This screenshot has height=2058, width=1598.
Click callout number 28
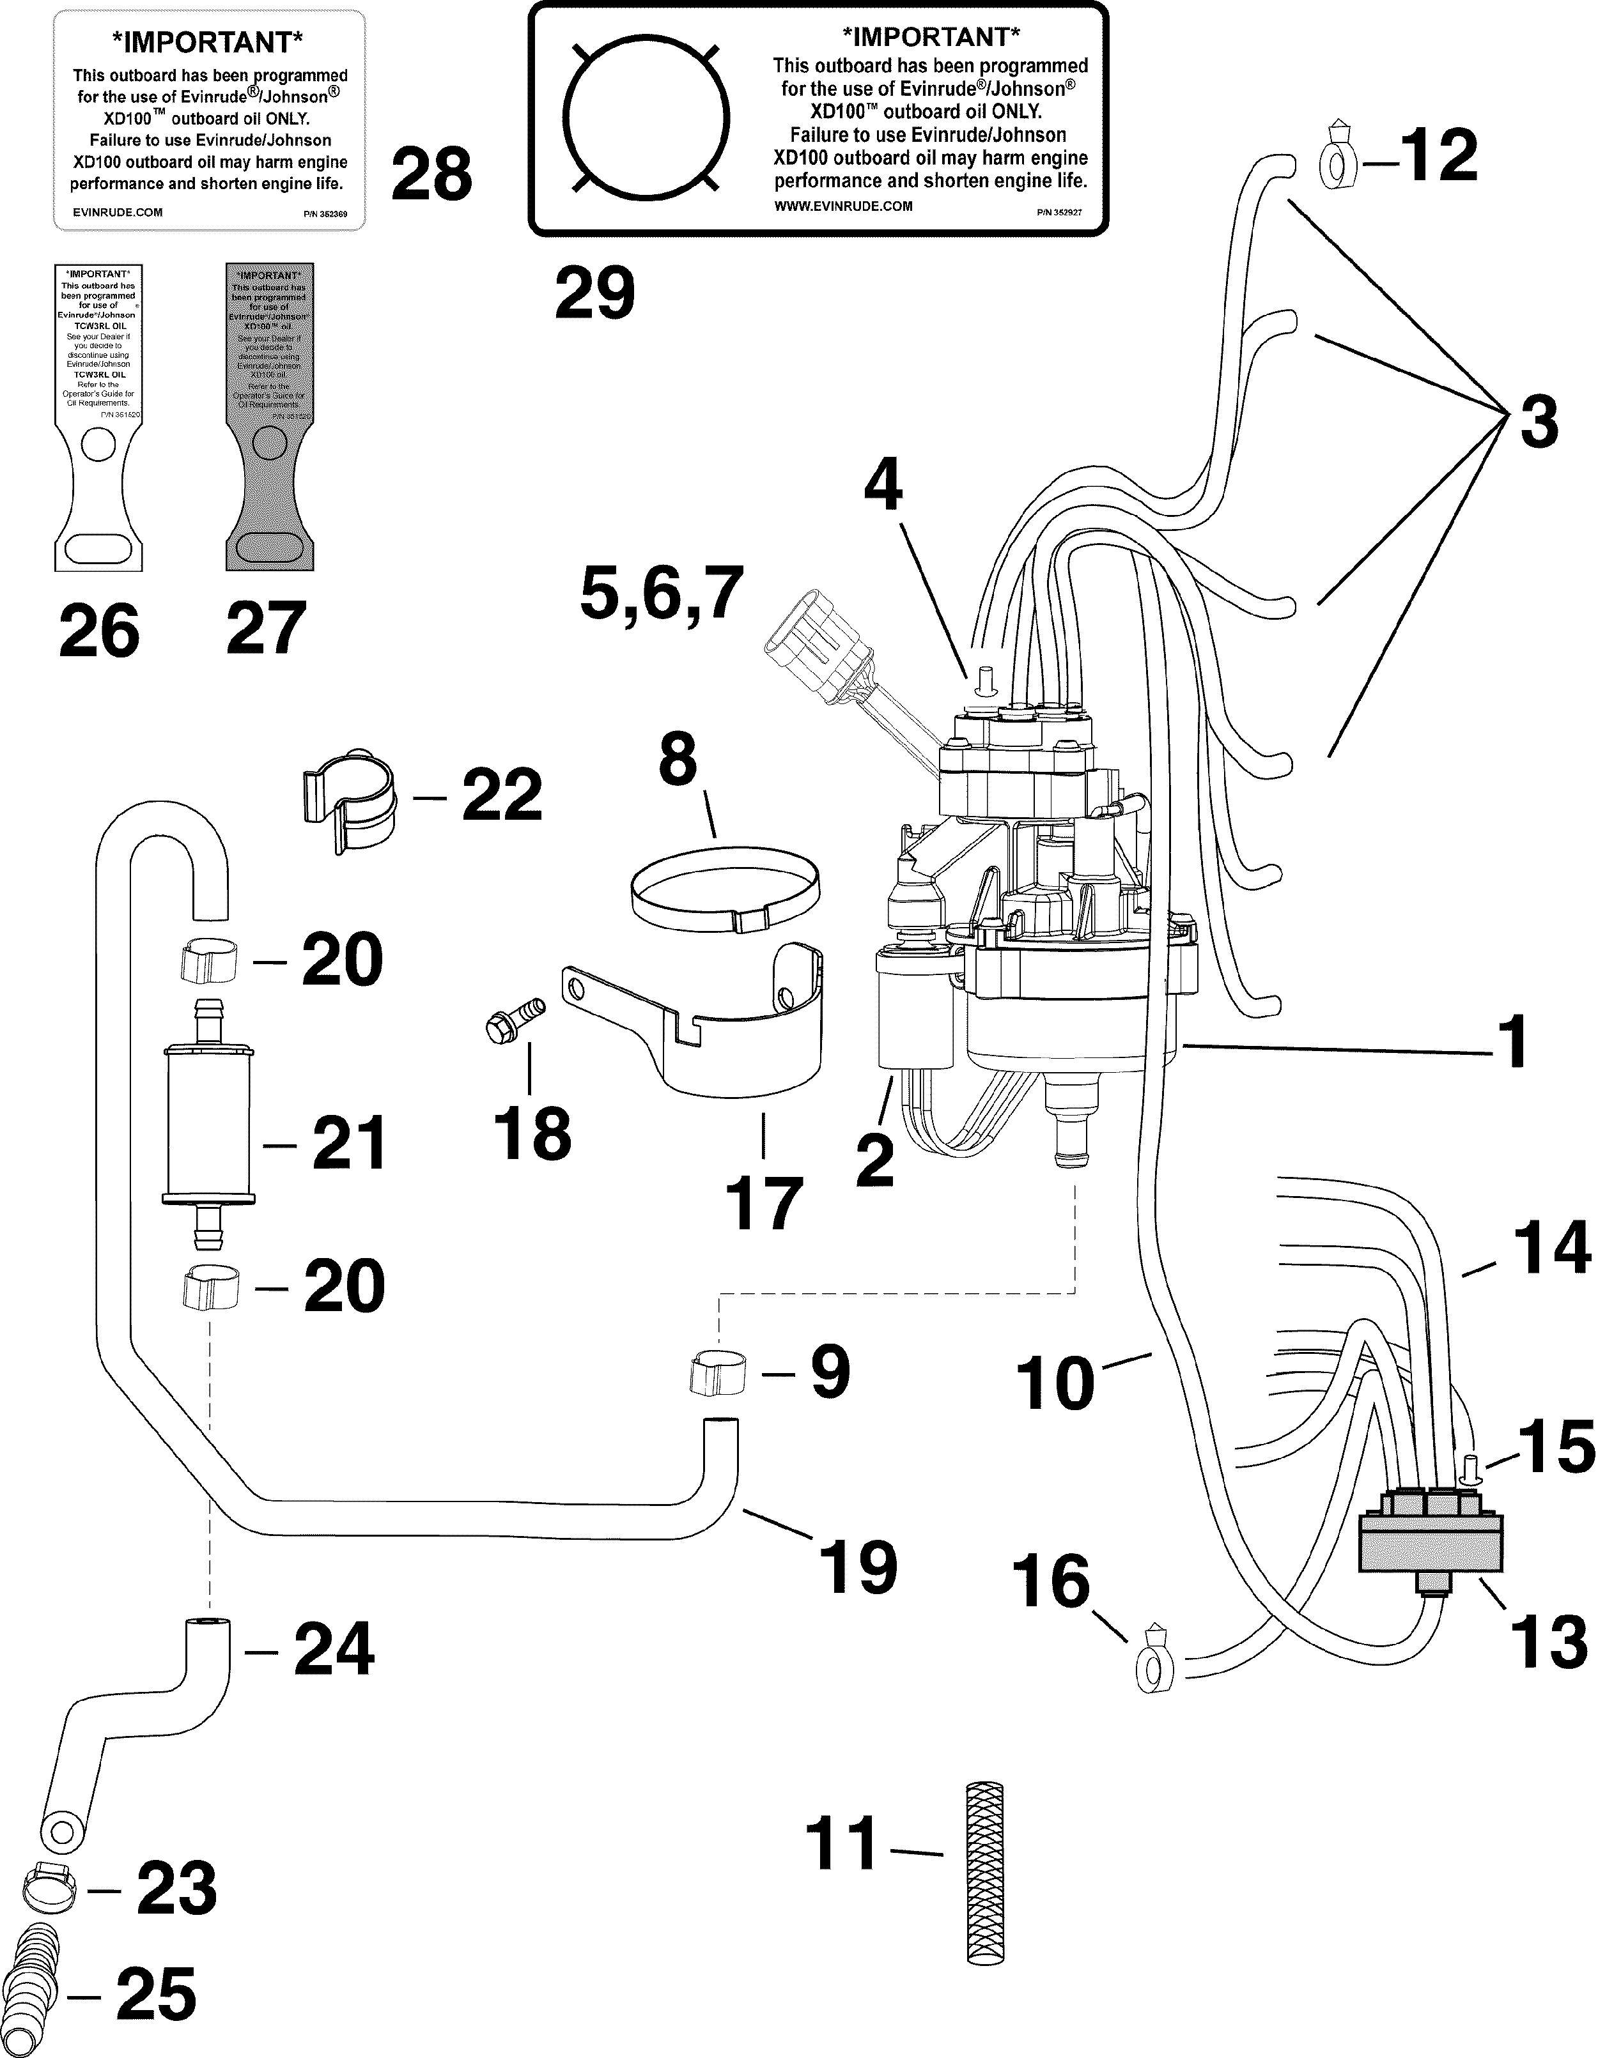432,174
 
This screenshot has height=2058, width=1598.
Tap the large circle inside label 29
646,118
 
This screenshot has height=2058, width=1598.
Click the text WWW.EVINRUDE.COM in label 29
843,206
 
